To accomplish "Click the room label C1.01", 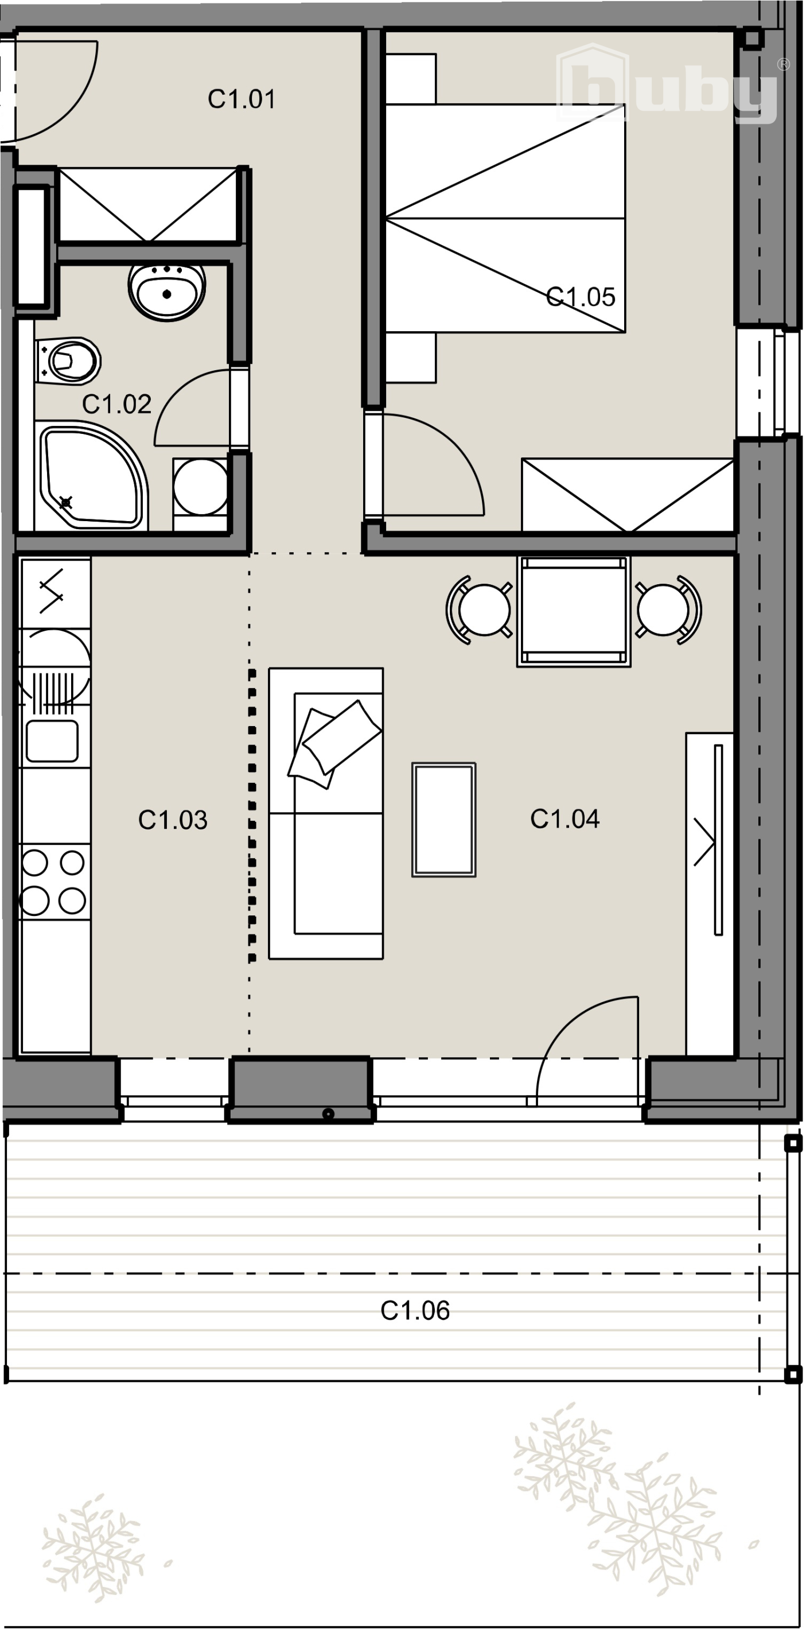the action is (242, 100).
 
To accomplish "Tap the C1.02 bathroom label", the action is (116, 404).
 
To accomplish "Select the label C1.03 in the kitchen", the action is (173, 820).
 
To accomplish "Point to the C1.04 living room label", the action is (564, 819).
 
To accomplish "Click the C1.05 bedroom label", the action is (580, 297).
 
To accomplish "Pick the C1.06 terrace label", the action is (415, 1310).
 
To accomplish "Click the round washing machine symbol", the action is (200, 487).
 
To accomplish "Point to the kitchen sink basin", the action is (52, 740).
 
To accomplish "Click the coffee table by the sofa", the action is (444, 820).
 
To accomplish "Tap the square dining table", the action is (574, 611).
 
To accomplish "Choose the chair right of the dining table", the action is (668, 610).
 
